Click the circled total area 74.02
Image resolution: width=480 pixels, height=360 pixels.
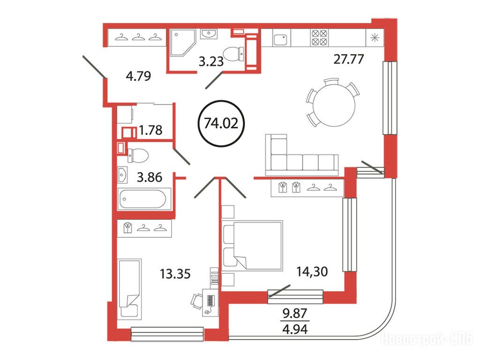(221, 123)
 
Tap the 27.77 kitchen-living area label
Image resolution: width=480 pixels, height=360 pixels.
(348, 59)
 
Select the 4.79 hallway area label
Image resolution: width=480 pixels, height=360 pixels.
(138, 76)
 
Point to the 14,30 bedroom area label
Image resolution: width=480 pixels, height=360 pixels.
(312, 271)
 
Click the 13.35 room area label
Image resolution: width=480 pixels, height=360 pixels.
(175, 274)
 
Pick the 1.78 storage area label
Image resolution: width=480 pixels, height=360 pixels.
(150, 130)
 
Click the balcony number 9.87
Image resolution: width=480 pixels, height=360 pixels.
(295, 314)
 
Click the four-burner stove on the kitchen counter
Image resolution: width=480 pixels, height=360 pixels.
(319, 37)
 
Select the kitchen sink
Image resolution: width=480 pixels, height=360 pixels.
(280, 40)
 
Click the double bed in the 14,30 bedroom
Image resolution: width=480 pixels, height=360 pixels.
(252, 245)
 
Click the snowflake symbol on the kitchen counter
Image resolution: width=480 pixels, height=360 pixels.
(375, 38)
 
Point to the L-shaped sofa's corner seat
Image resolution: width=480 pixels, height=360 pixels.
(278, 162)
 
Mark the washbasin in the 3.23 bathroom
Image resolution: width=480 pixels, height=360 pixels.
(209, 34)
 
